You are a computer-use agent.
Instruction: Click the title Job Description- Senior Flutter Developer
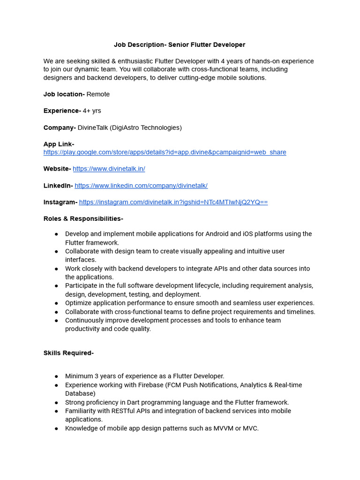point(180,45)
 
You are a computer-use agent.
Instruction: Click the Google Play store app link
point(165,152)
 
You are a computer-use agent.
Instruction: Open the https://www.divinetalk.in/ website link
point(109,169)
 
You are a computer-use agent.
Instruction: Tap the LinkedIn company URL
point(141,186)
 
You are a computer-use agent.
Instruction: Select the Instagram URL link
point(173,202)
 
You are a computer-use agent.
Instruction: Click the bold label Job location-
point(64,94)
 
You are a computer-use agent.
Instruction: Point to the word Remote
point(98,94)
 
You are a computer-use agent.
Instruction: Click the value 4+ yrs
point(92,111)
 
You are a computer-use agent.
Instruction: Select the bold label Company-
point(60,127)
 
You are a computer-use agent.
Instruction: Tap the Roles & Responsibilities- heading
point(83,219)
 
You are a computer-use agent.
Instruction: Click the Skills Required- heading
point(68,353)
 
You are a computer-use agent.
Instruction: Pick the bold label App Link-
point(59,144)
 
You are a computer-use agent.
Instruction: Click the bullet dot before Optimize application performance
point(56,303)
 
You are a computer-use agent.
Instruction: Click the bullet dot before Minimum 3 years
point(56,376)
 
